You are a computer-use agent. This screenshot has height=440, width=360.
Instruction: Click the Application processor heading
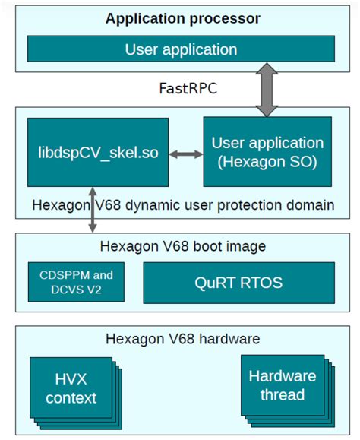pyautogui.click(x=182, y=17)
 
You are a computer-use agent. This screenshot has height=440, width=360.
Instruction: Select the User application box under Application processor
pyautogui.click(x=182, y=50)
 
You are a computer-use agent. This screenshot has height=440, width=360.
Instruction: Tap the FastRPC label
pyautogui.click(x=179, y=90)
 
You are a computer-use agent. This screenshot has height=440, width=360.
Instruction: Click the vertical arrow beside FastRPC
pyautogui.click(x=267, y=90)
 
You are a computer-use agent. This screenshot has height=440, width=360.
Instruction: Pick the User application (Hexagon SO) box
pyautogui.click(x=267, y=151)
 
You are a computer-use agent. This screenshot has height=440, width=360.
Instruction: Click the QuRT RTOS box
pyautogui.click(x=238, y=282)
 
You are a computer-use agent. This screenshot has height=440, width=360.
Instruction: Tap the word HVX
pyautogui.click(x=71, y=378)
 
